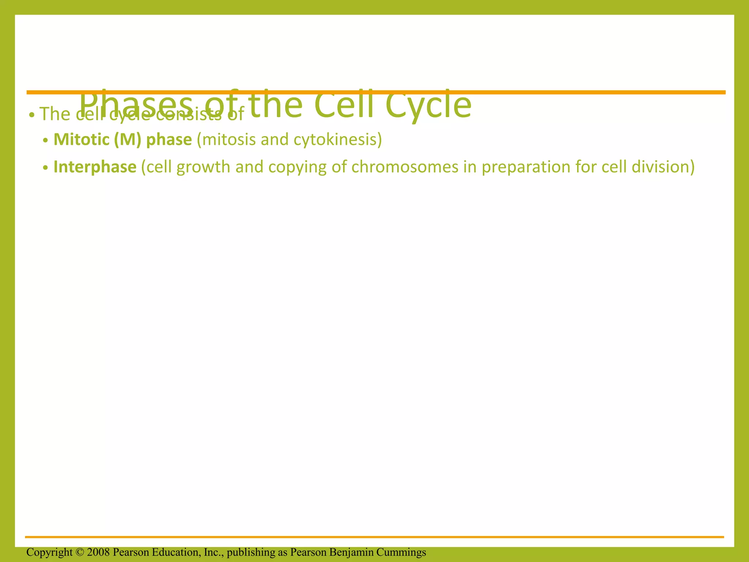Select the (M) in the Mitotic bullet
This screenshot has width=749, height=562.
pyautogui.click(x=127, y=139)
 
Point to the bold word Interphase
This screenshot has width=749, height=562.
pyautogui.click(x=95, y=167)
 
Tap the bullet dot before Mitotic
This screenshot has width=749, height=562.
pyautogui.click(x=45, y=141)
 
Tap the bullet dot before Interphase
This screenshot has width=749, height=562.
pyautogui.click(x=45, y=168)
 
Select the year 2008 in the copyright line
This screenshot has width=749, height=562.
pyautogui.click(x=98, y=552)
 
